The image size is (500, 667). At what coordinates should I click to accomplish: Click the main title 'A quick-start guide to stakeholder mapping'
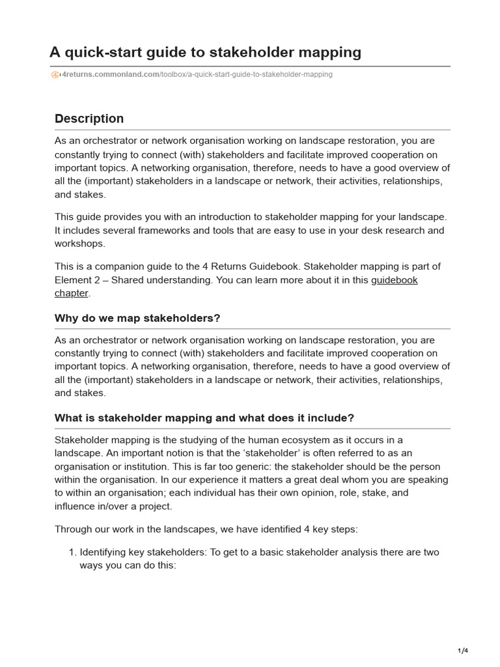(205, 51)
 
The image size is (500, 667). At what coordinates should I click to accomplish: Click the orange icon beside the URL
(55, 75)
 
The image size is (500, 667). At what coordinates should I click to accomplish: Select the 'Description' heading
(89, 119)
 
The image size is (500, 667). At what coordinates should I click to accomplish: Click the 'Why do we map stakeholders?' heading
(137, 318)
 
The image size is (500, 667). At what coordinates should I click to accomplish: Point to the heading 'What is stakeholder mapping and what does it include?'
(204, 418)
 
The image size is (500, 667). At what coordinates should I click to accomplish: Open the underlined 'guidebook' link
(394, 280)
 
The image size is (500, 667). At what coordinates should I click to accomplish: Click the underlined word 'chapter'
(71, 293)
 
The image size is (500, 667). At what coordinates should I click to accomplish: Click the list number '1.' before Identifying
(72, 552)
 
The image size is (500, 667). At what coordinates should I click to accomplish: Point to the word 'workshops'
(79, 244)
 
